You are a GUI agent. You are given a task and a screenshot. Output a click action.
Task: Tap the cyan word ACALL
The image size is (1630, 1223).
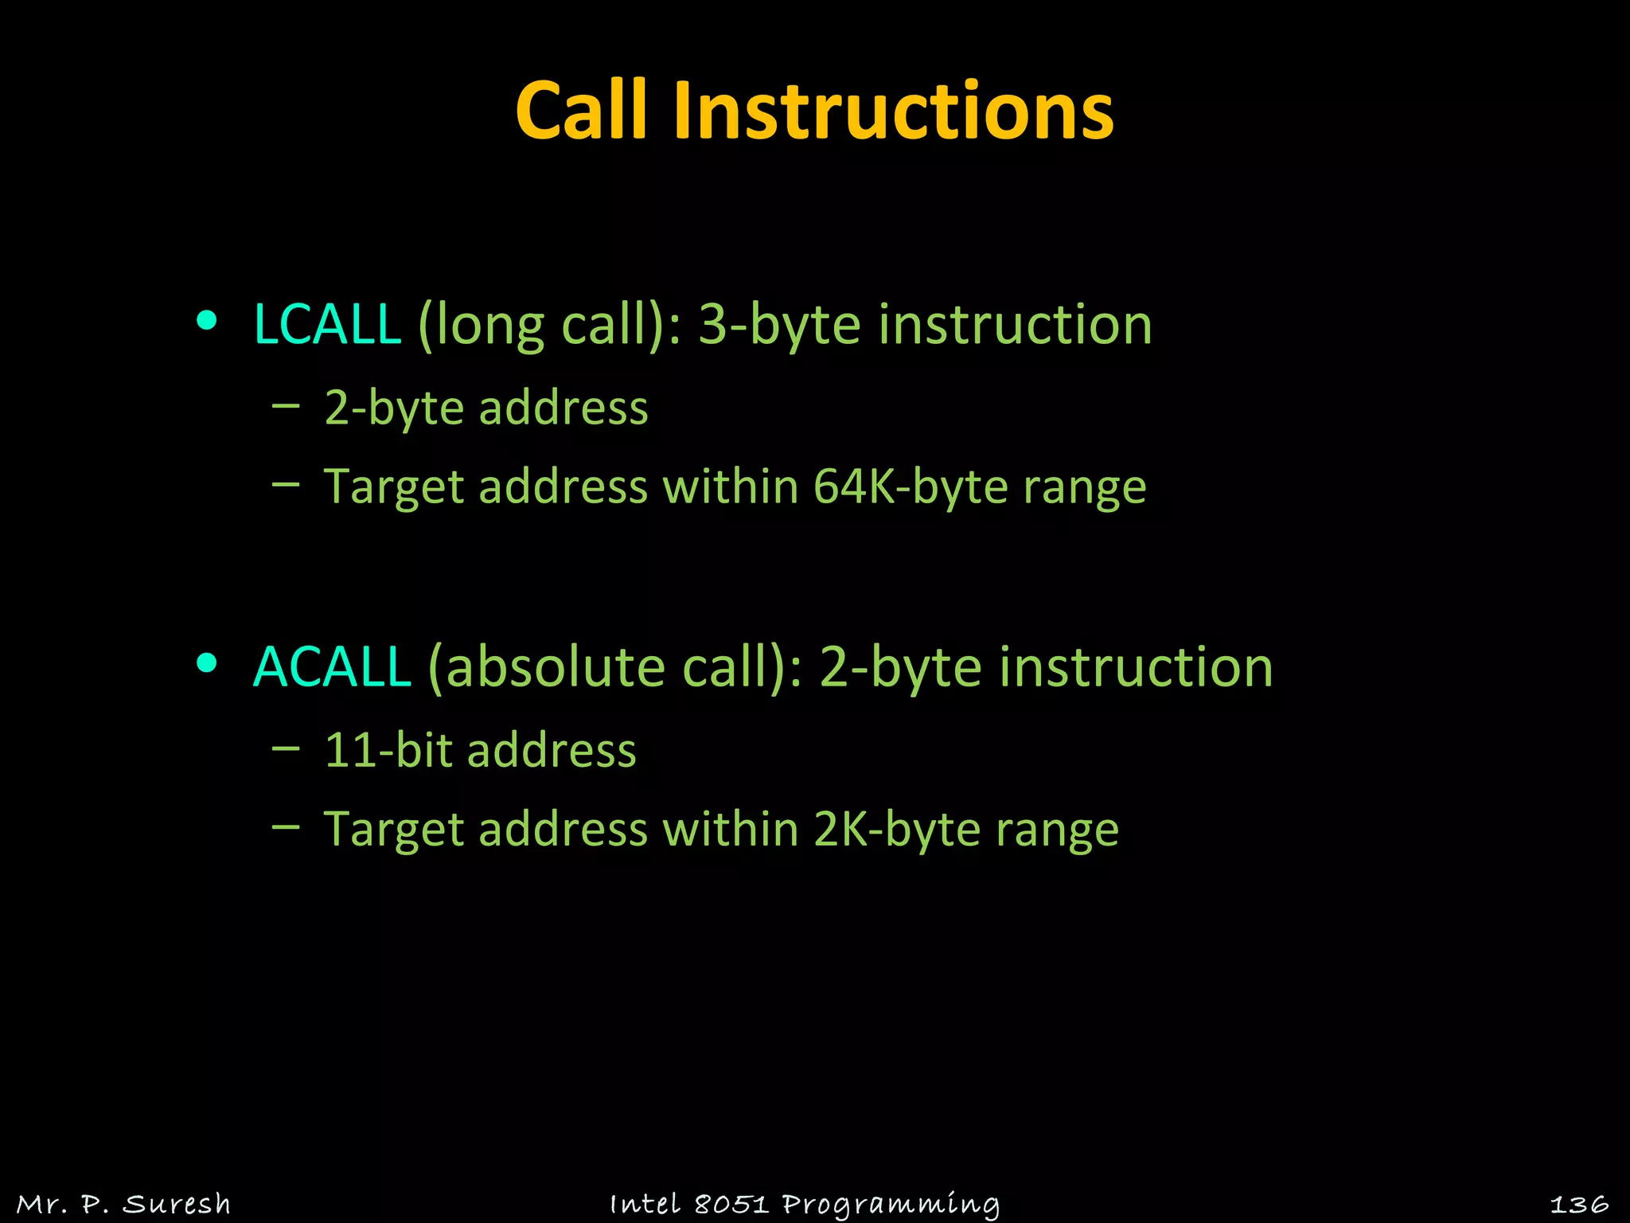[x=332, y=666]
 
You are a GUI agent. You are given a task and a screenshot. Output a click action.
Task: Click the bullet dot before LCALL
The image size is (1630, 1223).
[x=207, y=321]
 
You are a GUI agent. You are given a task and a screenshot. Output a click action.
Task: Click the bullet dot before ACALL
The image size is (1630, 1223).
[x=207, y=663]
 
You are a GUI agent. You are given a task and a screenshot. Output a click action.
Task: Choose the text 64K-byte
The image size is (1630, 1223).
[x=911, y=486]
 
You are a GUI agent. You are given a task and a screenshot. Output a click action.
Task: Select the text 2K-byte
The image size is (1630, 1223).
[x=897, y=829]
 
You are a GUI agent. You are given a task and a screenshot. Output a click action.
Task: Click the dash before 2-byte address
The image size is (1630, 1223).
[x=286, y=405]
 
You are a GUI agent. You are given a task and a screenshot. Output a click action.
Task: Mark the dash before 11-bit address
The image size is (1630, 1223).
[x=286, y=748]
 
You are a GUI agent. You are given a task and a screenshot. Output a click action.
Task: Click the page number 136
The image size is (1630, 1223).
[x=1579, y=1204]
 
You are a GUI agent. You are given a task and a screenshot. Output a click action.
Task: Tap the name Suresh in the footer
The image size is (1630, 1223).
[x=177, y=1204]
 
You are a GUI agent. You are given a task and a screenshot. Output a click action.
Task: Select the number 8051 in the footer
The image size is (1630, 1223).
[x=731, y=1204]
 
